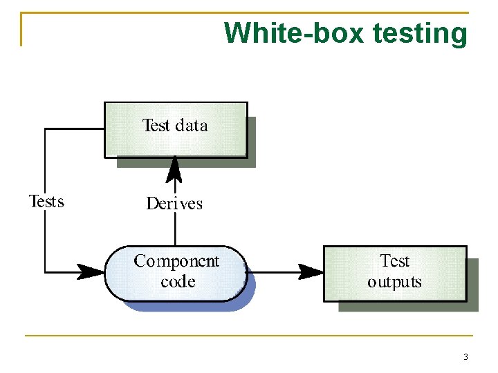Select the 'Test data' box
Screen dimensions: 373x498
coord(176,129)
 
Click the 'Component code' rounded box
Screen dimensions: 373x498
coord(176,272)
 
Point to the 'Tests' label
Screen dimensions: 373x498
coord(46,201)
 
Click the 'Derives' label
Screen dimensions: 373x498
coord(174,203)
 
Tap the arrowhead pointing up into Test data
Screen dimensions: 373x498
coord(175,168)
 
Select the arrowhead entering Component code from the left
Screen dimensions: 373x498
coord(91,271)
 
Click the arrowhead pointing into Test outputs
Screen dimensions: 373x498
coord(311,271)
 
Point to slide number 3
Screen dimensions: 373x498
coord(465,357)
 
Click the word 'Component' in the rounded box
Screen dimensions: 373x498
coord(176,261)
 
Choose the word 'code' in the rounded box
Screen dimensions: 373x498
coord(177,282)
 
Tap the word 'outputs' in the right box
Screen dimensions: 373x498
coord(394,282)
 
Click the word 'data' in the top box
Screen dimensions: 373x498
coord(192,125)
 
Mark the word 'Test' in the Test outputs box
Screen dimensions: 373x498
coord(395,261)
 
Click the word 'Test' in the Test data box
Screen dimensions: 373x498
coord(156,125)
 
